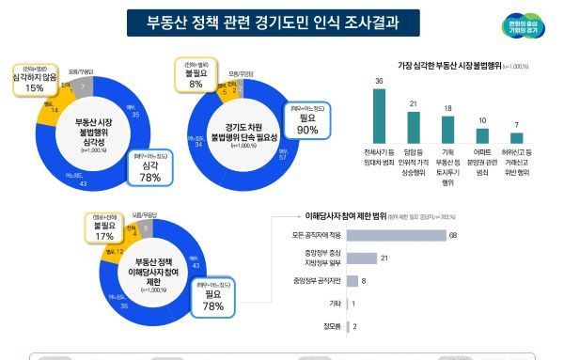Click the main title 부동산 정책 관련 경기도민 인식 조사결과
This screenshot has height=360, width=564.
[x=259, y=23]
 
